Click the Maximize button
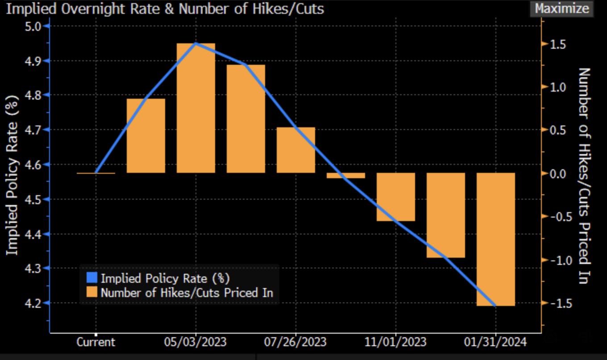click(x=562, y=8)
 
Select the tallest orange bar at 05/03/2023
click(x=196, y=108)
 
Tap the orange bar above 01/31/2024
click(x=496, y=239)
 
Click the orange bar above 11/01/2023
click(x=396, y=197)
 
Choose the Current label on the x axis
click(x=96, y=343)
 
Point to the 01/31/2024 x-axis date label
click(x=496, y=343)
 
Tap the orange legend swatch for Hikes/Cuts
click(x=92, y=293)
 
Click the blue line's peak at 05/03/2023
click(x=196, y=43)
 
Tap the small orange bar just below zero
click(x=346, y=176)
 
